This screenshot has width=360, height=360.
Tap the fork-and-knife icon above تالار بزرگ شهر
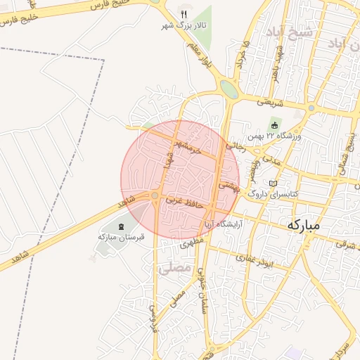(x=184, y=13)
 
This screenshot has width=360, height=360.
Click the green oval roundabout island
(x=229, y=89)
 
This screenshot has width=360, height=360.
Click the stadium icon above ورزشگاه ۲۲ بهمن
(x=274, y=124)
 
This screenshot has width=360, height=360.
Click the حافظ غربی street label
(x=184, y=204)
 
